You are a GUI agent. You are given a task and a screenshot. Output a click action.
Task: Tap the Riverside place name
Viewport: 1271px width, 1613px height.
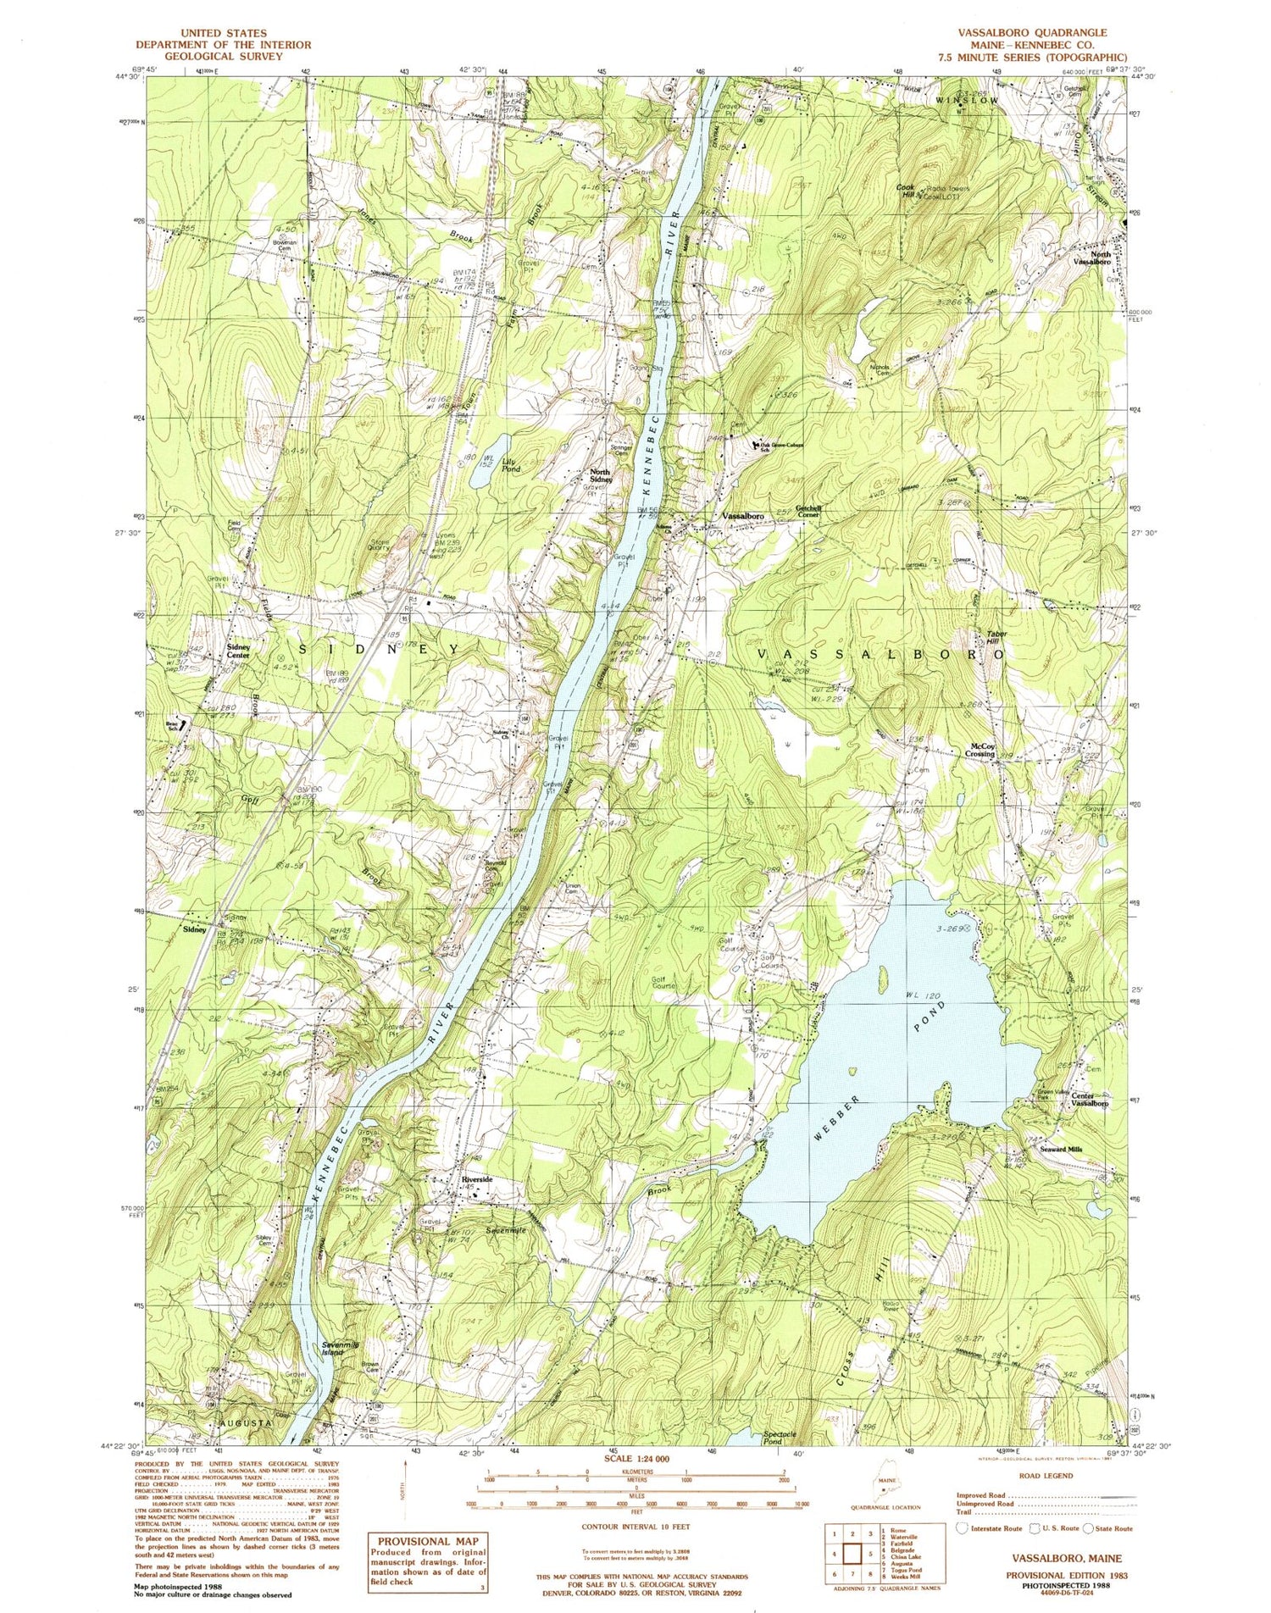(476, 1179)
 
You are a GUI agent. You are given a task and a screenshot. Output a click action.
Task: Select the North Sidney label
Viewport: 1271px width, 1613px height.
(601, 475)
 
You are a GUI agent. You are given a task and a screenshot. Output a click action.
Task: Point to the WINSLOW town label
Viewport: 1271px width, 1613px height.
(967, 100)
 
